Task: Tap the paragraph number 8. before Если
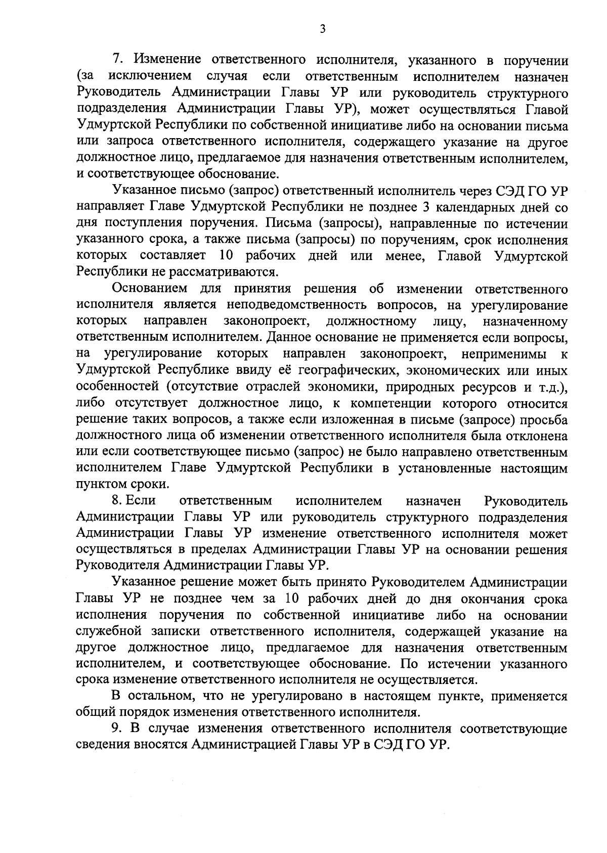(x=117, y=501)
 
